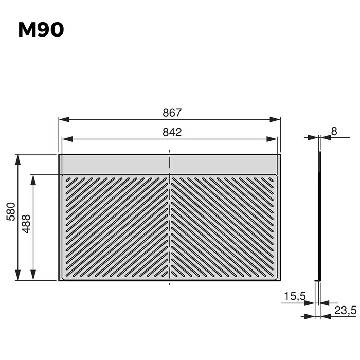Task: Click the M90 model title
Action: click(x=41, y=30)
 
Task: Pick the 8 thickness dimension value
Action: click(x=334, y=131)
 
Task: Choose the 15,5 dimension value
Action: click(x=295, y=297)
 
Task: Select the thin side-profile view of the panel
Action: click(x=319, y=216)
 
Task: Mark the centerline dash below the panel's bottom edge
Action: click(x=170, y=283)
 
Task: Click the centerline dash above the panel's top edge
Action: click(x=170, y=151)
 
